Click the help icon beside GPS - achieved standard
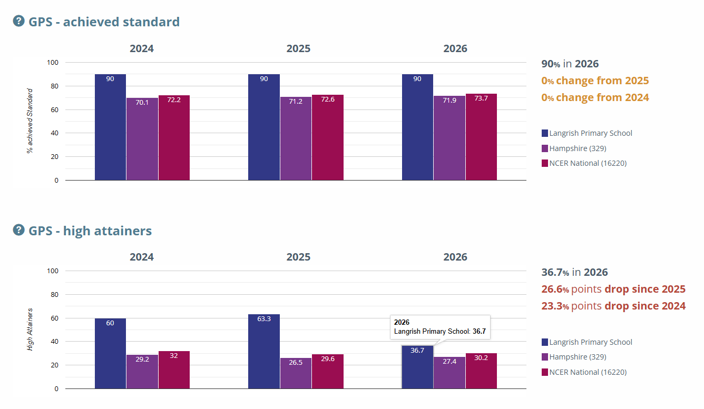(18, 21)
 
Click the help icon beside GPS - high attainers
(18, 230)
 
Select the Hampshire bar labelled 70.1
(142, 139)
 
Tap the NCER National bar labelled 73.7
(481, 137)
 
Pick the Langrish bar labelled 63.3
(264, 352)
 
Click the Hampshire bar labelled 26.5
(296, 373)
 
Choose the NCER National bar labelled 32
(174, 370)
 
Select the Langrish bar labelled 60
(110, 353)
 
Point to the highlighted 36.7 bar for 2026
(417, 367)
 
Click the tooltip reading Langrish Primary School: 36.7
(440, 327)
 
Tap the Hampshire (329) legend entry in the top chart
(574, 148)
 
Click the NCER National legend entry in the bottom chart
(584, 372)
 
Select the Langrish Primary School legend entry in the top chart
(587, 133)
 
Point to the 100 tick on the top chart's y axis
(53, 63)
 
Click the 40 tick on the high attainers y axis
(54, 341)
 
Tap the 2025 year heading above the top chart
(298, 48)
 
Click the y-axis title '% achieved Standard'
(30, 121)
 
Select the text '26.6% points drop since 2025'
(613, 289)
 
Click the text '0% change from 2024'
(595, 97)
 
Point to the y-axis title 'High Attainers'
(30, 330)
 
